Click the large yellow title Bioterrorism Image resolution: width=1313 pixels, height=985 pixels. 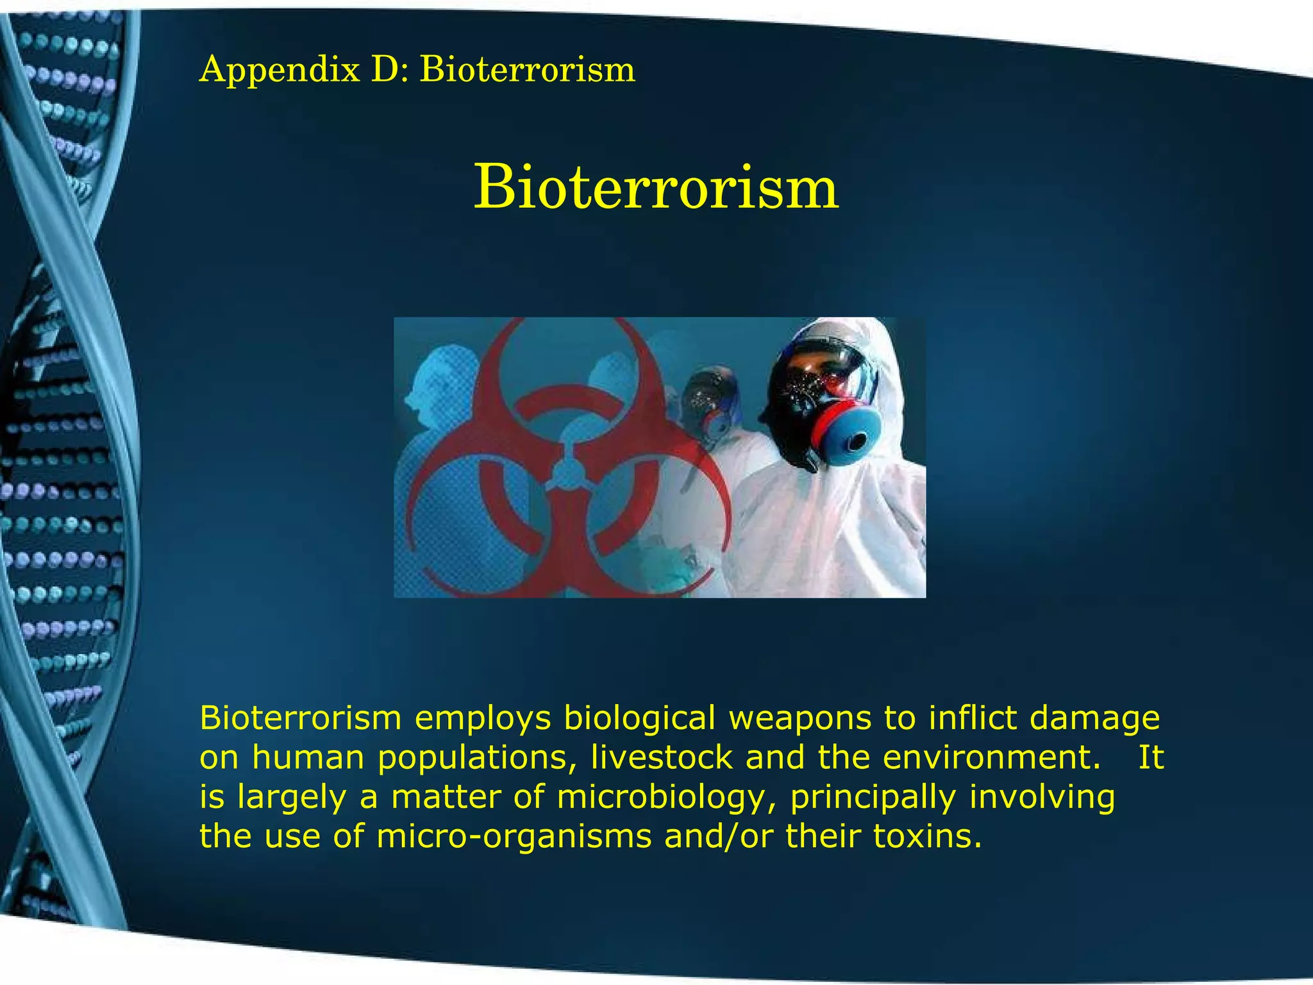(x=656, y=188)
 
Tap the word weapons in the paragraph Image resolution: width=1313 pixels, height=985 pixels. (x=799, y=718)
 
